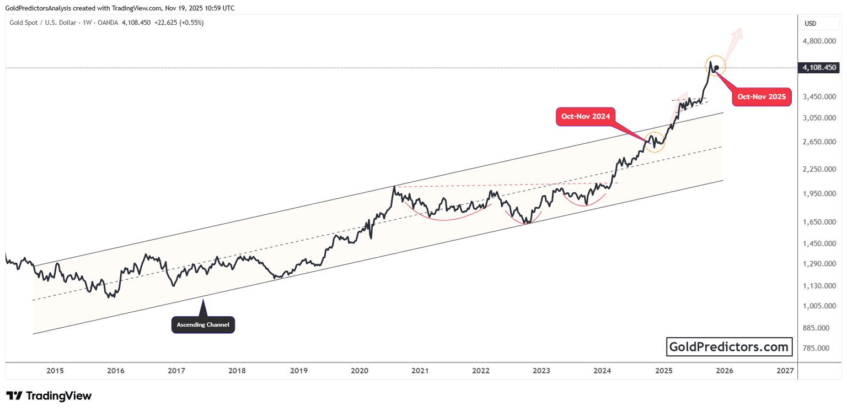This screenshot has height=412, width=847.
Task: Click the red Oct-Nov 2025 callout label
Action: pos(762,97)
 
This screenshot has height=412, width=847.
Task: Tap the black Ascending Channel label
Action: pos(203,324)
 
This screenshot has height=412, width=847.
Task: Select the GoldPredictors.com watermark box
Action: pos(729,347)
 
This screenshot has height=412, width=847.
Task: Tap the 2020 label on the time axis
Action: pos(359,371)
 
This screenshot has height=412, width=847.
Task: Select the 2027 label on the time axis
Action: pos(785,371)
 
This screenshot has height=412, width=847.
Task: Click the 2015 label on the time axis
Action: pos(55,371)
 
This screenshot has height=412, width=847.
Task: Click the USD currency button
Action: pos(811,24)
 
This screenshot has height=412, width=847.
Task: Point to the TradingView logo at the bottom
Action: pos(49,395)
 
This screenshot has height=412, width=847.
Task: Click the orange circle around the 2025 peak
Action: pos(715,66)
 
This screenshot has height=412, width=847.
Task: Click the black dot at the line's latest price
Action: pos(716,68)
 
